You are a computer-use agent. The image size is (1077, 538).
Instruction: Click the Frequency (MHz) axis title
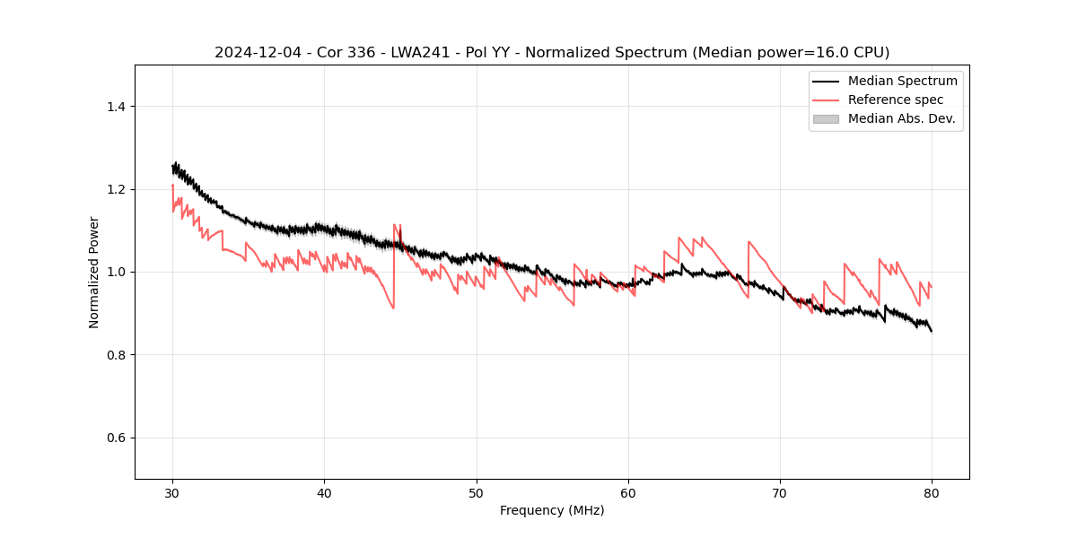552,510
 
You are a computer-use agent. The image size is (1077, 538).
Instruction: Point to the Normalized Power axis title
94,272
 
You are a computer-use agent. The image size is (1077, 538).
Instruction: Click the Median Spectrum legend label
902,81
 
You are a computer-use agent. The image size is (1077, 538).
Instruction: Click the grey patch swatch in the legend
826,118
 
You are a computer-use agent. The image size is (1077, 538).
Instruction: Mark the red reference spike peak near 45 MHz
394,225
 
